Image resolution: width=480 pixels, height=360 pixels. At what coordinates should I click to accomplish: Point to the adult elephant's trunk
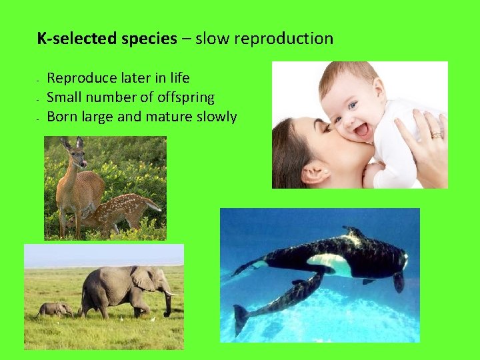pos(167,303)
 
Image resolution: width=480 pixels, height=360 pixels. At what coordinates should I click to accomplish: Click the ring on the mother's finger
pos(435,135)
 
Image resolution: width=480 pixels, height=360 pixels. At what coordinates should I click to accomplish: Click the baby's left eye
pos(353,105)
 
